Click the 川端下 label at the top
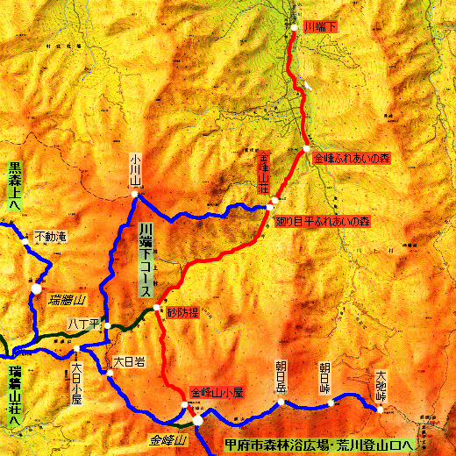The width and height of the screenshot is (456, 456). pyautogui.click(x=319, y=28)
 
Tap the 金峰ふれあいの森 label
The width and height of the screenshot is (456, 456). pyautogui.click(x=350, y=158)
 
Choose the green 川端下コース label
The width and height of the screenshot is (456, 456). pyautogui.click(x=145, y=260)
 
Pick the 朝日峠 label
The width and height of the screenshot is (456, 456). pyautogui.click(x=324, y=374)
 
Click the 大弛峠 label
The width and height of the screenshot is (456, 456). pyautogui.click(x=380, y=383)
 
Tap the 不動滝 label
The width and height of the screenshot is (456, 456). pyautogui.click(x=49, y=236)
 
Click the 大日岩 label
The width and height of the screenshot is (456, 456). pyautogui.click(x=126, y=360)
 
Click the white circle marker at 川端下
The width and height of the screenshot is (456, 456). pyautogui.click(x=295, y=28)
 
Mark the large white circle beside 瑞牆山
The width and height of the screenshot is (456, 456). pyautogui.click(x=37, y=287)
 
